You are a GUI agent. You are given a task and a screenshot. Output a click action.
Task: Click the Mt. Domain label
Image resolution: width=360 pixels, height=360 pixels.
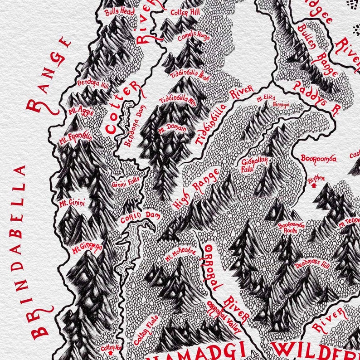coord(172,129)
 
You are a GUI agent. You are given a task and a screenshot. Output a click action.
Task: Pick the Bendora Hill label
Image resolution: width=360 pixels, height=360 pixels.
coord(93,85)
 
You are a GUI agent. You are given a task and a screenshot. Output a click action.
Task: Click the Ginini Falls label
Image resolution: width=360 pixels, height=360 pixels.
coord(126,185)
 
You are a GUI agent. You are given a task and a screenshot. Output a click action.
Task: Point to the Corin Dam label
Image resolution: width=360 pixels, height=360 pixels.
coord(140,217)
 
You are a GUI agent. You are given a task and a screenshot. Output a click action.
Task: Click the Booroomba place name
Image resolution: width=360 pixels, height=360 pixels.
coord(319,158)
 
